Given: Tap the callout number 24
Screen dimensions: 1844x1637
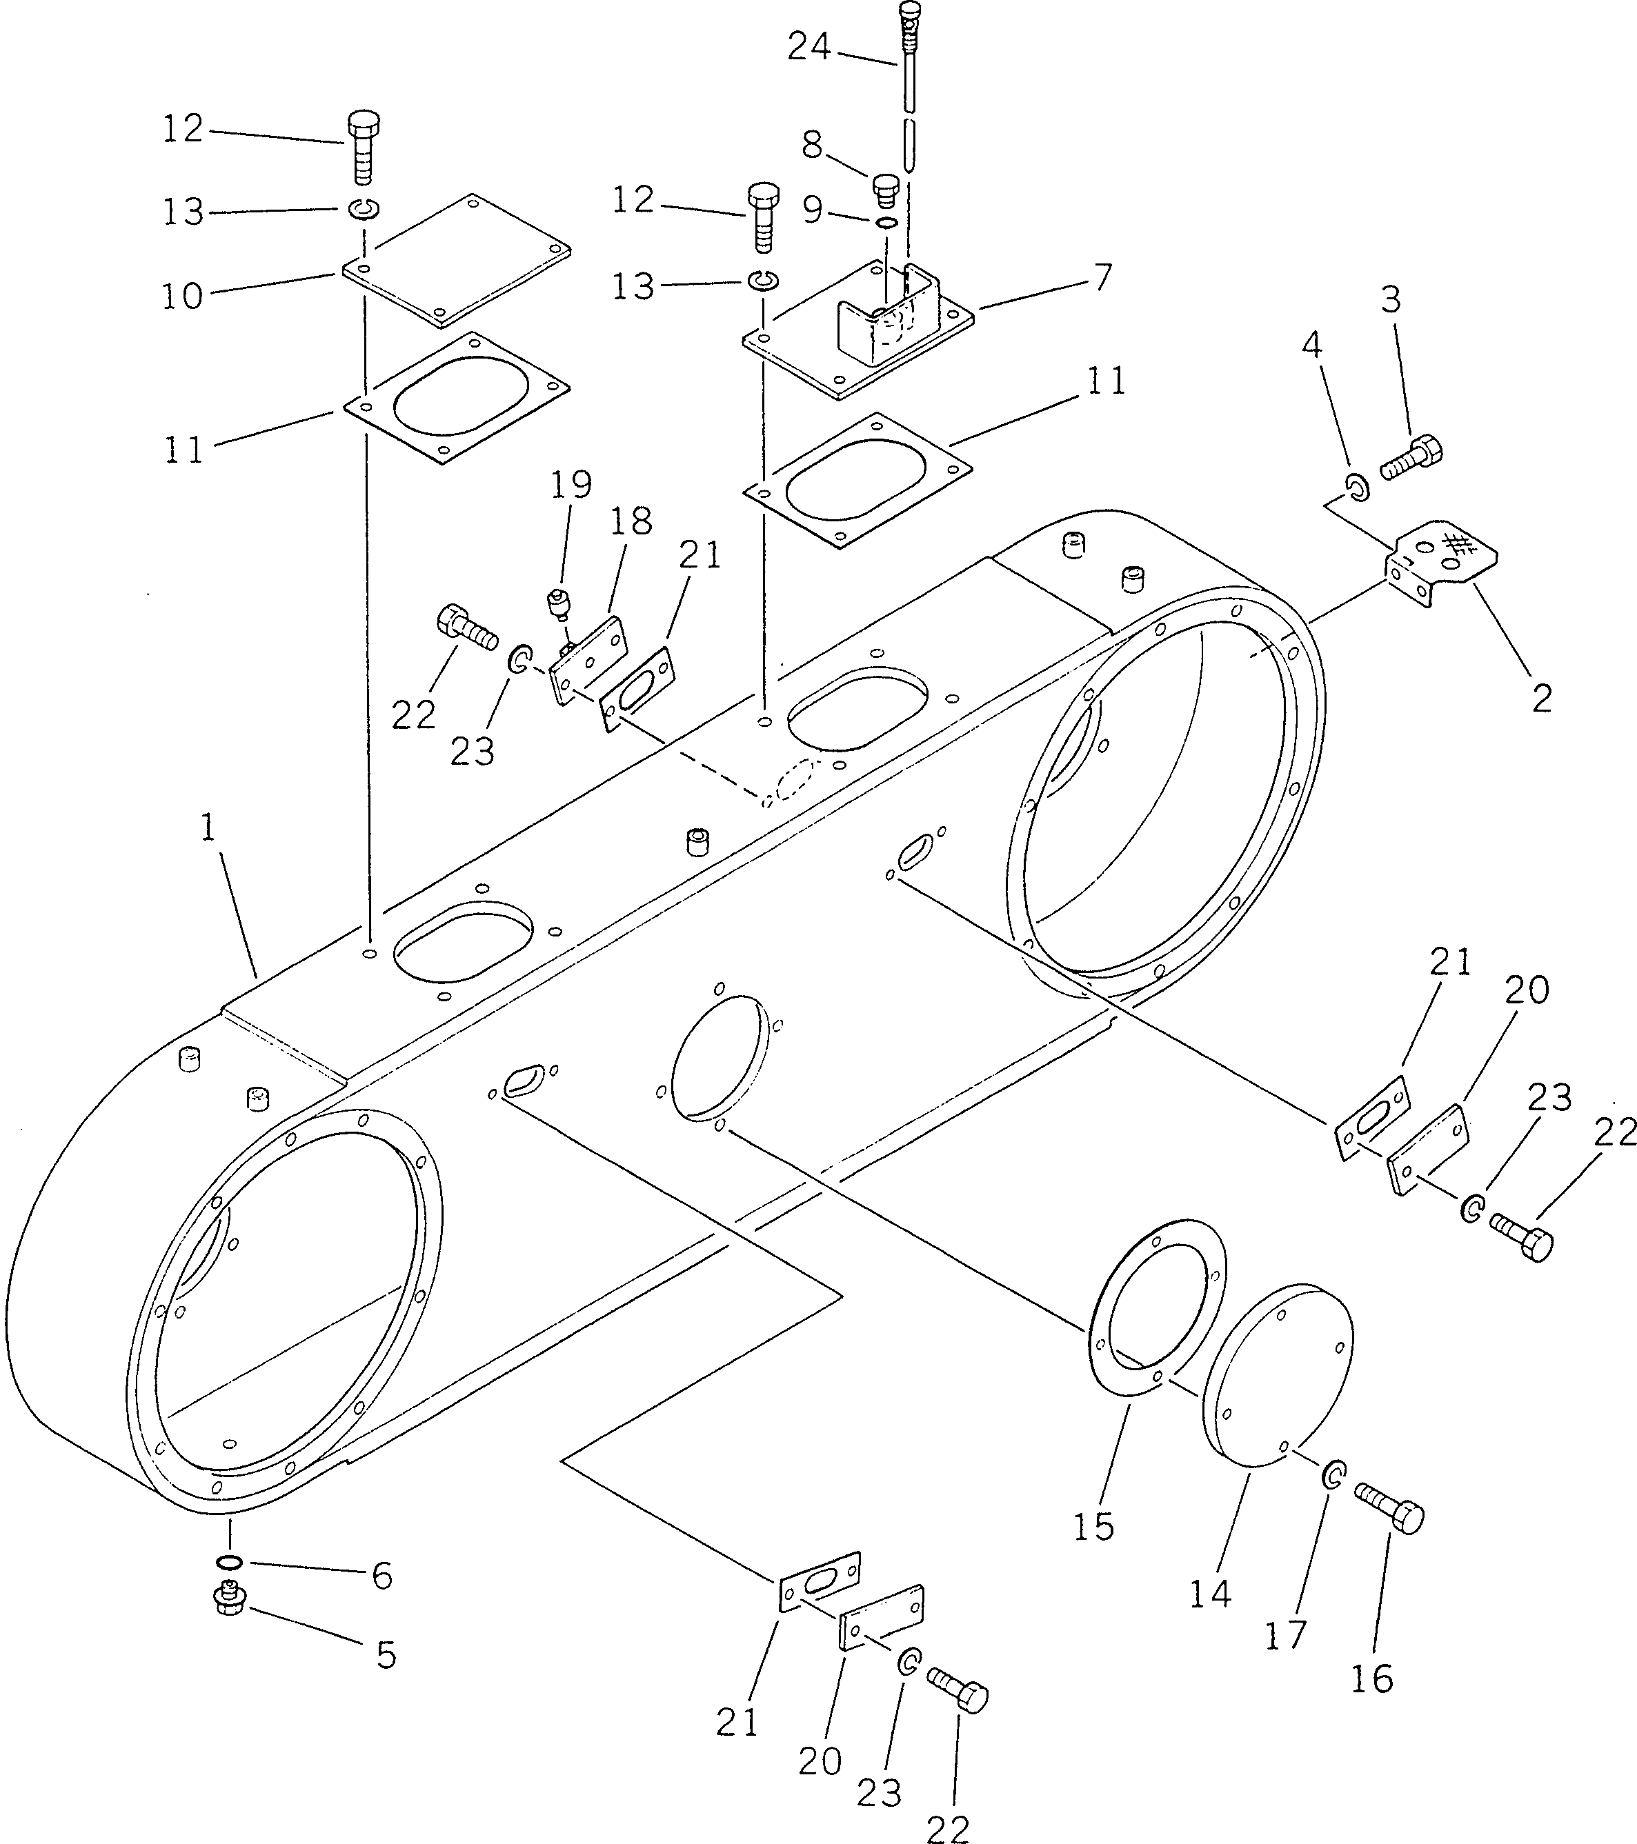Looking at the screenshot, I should click(x=808, y=47).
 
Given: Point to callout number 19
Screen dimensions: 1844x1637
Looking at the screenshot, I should click(x=572, y=485).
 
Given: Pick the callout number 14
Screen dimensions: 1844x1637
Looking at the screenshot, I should click(x=1210, y=1594).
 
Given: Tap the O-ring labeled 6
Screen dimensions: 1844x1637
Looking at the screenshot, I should click(x=229, y=1562).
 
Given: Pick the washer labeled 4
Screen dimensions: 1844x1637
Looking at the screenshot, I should click(x=1356, y=487).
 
